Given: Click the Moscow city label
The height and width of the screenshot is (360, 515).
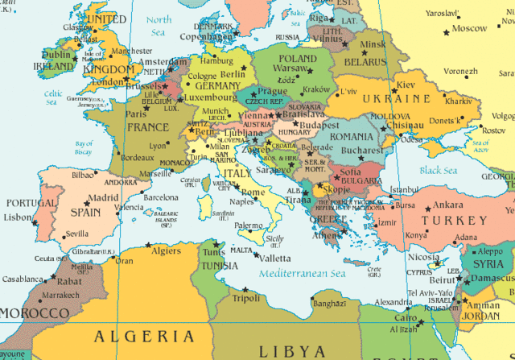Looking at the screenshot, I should [469, 28].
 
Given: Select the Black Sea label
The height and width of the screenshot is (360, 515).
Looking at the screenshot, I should [438, 170].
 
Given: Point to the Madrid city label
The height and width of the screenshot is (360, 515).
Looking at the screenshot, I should [104, 198].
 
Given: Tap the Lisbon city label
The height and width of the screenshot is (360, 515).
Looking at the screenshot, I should [17, 217].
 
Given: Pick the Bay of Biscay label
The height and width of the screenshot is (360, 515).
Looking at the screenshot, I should [84, 147].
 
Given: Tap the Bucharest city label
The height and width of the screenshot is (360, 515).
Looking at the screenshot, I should [361, 150].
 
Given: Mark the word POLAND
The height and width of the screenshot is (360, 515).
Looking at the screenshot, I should [298, 59].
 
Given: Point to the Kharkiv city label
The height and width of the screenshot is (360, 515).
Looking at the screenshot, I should [458, 101].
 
